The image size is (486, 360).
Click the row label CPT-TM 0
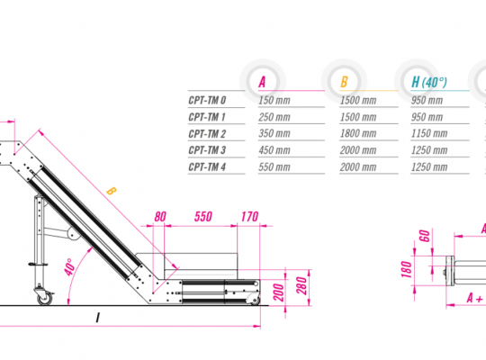pos(207,101)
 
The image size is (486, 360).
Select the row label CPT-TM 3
pos(207,150)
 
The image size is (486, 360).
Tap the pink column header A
pos(262,82)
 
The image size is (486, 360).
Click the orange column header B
pos(344,82)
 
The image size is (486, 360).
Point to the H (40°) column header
pos(429,82)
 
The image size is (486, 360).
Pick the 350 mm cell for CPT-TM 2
pos(274,133)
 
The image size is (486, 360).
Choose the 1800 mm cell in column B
pos(358,133)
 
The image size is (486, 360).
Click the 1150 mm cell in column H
pos(429,133)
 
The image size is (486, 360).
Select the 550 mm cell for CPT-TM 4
pos(274,167)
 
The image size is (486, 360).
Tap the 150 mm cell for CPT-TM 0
pos(274,101)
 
